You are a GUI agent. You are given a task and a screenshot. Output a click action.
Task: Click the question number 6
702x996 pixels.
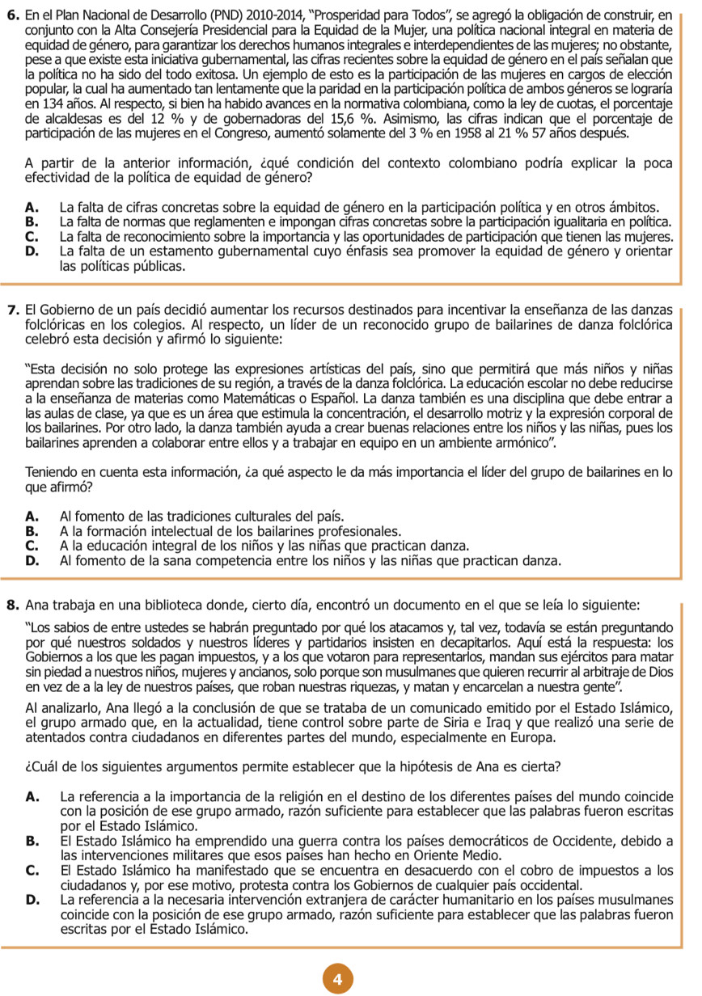pos(12,15)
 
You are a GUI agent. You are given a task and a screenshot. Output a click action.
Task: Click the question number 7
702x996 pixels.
pos(12,310)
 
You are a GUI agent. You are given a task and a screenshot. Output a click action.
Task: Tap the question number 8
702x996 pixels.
pos(12,604)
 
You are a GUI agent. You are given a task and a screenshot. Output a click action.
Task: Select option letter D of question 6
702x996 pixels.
pos(32,251)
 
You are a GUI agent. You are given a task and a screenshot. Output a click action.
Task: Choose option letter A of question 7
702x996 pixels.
pos(32,516)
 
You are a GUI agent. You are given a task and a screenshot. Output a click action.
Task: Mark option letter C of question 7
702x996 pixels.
pos(32,546)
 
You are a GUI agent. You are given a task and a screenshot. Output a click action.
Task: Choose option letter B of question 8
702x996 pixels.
pos(32,841)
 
